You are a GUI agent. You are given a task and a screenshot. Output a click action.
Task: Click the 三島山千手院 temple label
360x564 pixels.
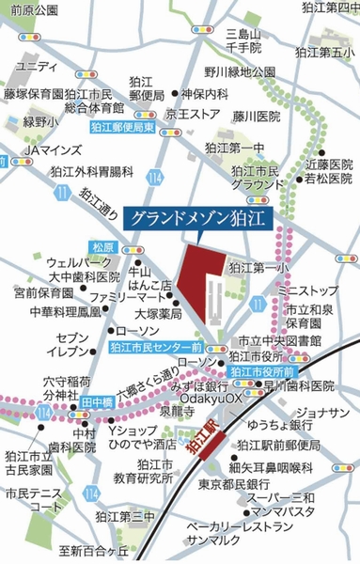tap(243, 39)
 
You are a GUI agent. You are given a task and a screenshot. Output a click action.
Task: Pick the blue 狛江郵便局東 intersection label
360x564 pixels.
tap(122, 127)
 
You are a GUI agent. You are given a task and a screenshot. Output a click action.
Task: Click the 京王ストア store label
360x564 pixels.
tap(193, 114)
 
